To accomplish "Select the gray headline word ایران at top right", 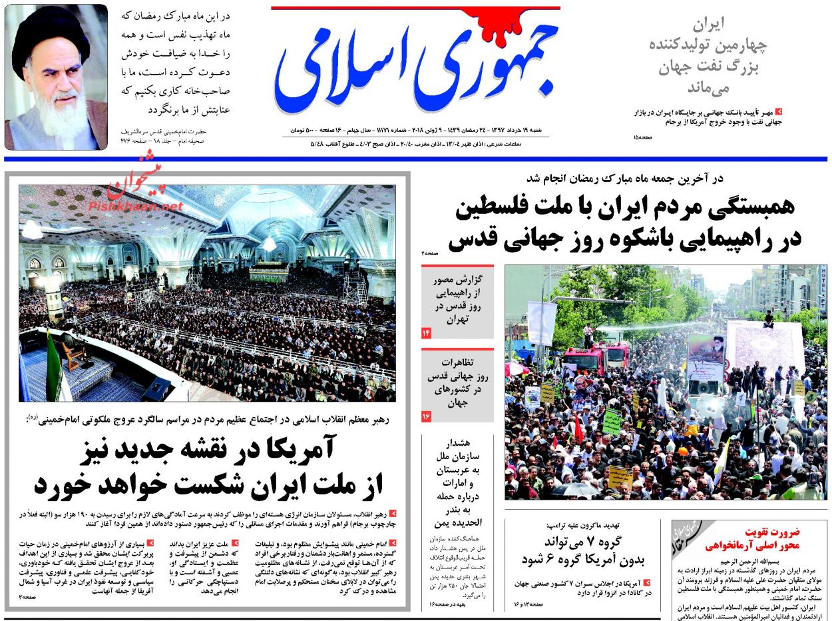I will [x=708, y=25].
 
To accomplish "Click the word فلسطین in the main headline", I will [x=497, y=208].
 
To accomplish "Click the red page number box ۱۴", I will [x=427, y=332].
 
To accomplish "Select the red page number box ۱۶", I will [x=427, y=416].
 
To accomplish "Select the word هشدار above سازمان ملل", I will [x=458, y=442].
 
